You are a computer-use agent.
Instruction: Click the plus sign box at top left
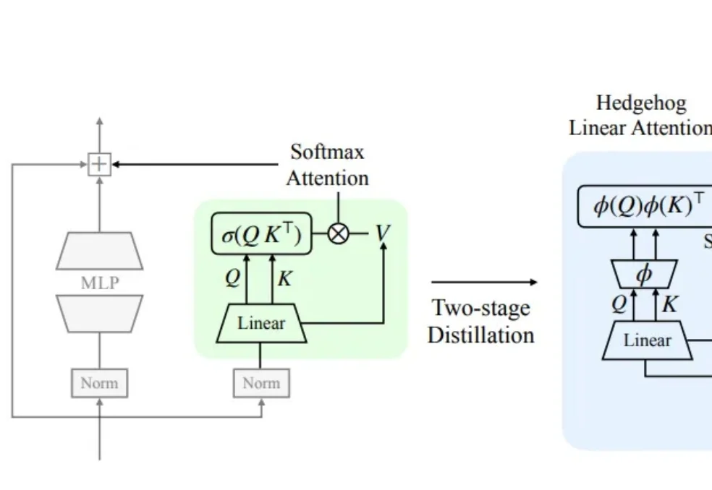click(x=99, y=165)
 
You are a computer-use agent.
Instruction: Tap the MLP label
click(x=99, y=283)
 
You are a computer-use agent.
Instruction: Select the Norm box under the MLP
click(x=99, y=383)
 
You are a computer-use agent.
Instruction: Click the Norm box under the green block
click(x=261, y=383)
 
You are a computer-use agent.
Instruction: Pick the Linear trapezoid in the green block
click(x=261, y=323)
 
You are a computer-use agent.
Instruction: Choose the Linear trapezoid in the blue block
click(x=648, y=340)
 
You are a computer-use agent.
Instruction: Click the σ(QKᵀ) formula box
click(x=260, y=235)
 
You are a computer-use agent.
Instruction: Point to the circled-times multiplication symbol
click(x=338, y=234)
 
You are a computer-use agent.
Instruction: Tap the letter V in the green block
click(x=382, y=233)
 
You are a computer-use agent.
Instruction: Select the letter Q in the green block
click(x=232, y=278)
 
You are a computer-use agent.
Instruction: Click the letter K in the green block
click(x=284, y=278)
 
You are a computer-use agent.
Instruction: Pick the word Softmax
click(x=327, y=152)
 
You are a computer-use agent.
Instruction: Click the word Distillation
click(x=481, y=335)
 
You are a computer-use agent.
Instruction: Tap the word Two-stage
click(x=481, y=309)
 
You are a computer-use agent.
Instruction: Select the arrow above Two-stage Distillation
click(x=485, y=283)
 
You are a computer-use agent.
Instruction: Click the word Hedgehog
click(x=641, y=103)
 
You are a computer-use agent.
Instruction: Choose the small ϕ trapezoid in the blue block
click(x=644, y=275)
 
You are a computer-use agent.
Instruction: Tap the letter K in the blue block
click(x=670, y=304)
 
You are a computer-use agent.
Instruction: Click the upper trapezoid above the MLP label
click(x=99, y=250)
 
